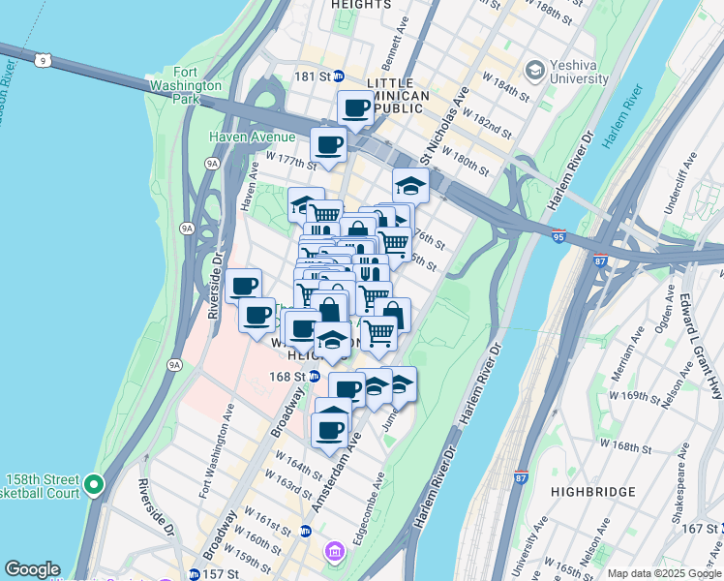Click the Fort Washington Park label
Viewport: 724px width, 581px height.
tap(199, 85)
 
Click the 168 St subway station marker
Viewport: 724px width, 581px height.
tap(315, 377)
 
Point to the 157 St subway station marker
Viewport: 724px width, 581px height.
tap(194, 573)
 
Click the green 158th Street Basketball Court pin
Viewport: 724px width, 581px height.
tap(94, 484)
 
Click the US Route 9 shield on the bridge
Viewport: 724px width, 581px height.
tap(42, 61)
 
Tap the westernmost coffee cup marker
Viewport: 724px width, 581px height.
tap(243, 286)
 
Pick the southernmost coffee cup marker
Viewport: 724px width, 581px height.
tap(329, 429)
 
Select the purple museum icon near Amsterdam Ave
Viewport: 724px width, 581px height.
tap(334, 551)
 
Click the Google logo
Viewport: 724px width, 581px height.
tap(32, 569)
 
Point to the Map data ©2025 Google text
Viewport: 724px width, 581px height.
tap(664, 573)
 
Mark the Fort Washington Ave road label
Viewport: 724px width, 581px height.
tap(215, 451)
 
